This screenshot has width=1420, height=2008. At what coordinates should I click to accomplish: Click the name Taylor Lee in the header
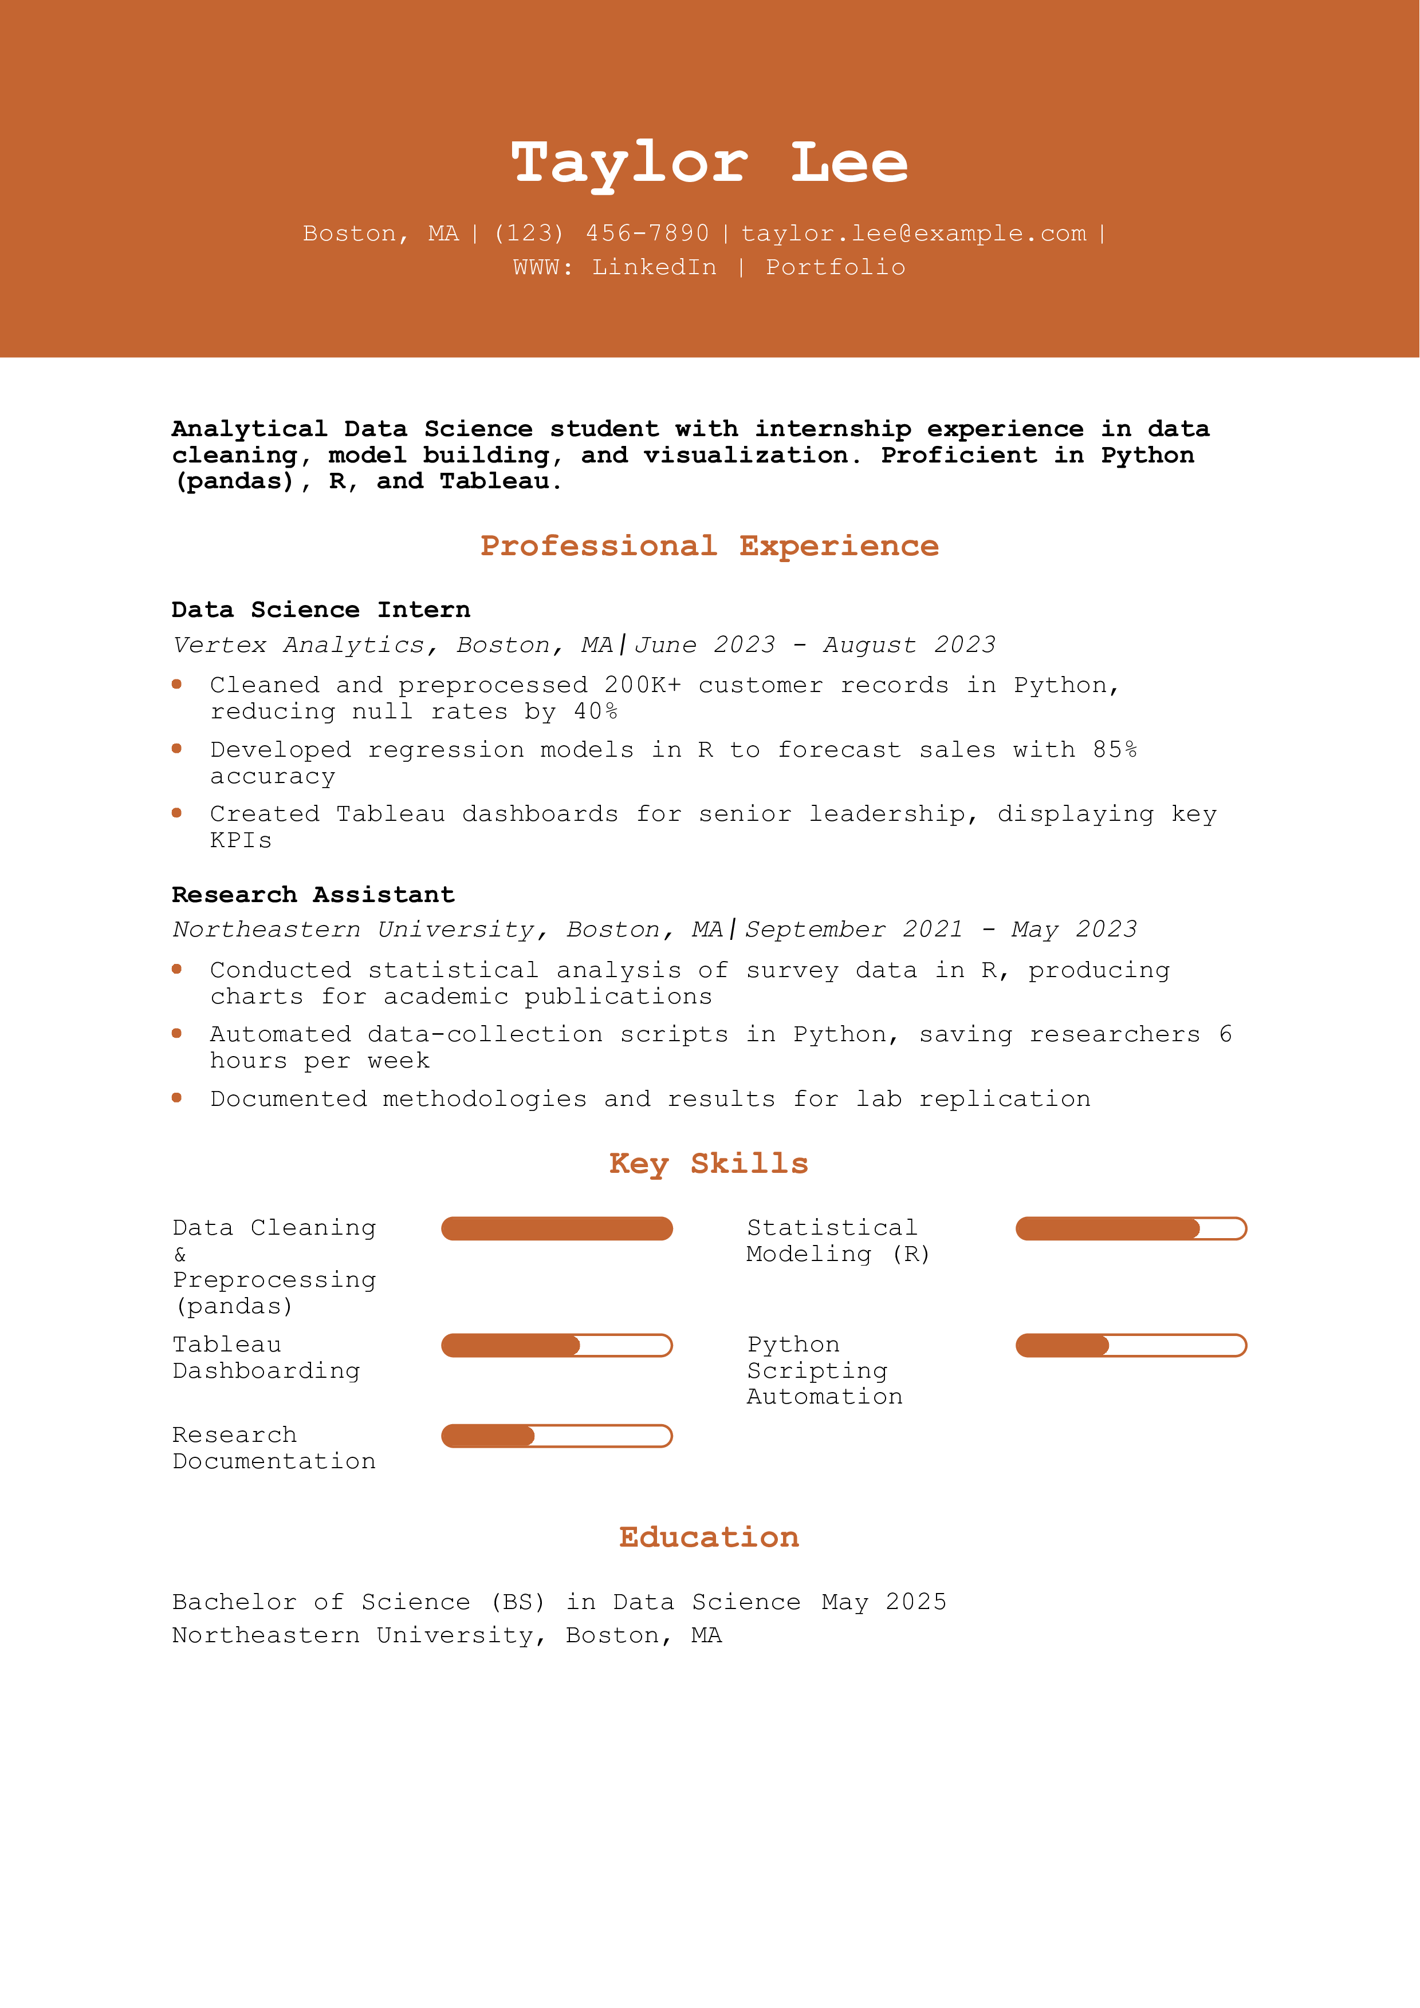pyautogui.click(x=710, y=164)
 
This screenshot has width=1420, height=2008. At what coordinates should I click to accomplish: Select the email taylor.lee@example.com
pyautogui.click(x=914, y=234)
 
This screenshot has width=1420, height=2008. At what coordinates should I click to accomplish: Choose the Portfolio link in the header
pyautogui.click(x=836, y=268)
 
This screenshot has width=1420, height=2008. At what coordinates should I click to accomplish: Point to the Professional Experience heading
pyautogui.click(x=710, y=546)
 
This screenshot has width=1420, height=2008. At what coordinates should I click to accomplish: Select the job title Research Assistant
pyautogui.click(x=313, y=895)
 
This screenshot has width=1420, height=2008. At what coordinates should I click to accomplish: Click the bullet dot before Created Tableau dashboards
pyautogui.click(x=177, y=813)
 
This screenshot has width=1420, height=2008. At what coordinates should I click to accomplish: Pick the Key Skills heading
pyautogui.click(x=709, y=1164)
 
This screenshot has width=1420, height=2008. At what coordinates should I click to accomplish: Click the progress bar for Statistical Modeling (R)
pyautogui.click(x=1130, y=1229)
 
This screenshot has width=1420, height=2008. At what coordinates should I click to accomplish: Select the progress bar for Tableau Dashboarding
pyautogui.click(x=556, y=1345)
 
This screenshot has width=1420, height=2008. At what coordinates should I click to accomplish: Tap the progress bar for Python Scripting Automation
pyautogui.click(x=1130, y=1345)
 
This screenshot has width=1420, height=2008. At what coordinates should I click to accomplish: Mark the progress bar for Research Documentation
pyautogui.click(x=556, y=1436)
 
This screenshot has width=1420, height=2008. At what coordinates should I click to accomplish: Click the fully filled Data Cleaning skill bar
pyautogui.click(x=556, y=1229)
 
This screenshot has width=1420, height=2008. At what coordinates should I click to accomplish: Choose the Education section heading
pyautogui.click(x=709, y=1537)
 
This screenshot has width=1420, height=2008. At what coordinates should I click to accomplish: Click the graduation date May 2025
pyautogui.click(x=884, y=1602)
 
